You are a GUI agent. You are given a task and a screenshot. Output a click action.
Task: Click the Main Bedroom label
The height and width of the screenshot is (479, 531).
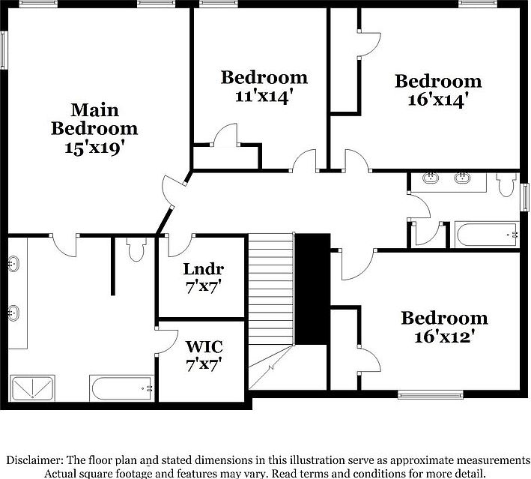coord(94,119)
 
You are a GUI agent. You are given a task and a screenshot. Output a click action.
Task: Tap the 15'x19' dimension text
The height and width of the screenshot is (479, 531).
coord(94,148)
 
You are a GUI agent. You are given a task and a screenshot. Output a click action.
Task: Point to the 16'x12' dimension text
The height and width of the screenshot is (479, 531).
coord(444,337)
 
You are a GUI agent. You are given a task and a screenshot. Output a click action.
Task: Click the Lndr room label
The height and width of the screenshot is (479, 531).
coord(203,269)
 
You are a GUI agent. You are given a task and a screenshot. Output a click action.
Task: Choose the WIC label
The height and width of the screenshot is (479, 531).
coord(203,348)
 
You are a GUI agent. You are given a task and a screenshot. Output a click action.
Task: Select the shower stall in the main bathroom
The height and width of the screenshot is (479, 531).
coord(33,388)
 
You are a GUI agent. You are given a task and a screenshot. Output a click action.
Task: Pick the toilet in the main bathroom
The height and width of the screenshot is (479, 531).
coord(136,250)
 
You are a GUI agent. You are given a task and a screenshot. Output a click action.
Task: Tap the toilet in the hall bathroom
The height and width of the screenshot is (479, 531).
coord(506,184)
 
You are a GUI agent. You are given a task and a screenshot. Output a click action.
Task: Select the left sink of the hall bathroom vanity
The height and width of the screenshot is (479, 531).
coord(431,178)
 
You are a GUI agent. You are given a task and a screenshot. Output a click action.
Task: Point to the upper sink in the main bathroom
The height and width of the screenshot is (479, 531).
coord(13,264)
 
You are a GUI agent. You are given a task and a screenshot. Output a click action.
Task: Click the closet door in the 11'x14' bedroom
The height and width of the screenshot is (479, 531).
coord(224,136)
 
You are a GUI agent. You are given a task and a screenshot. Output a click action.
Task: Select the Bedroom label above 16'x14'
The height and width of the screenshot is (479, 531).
coord(438,81)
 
